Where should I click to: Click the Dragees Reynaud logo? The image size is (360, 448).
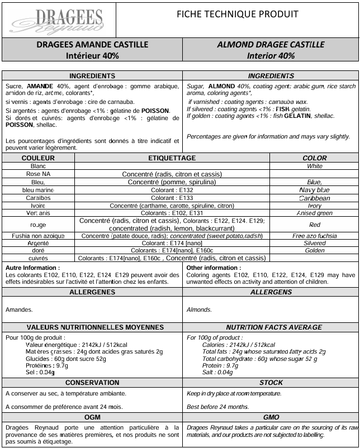(x=58, y=20)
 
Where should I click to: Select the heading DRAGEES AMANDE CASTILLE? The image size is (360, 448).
(x=92, y=44)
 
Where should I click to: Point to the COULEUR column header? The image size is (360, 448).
(x=38, y=158)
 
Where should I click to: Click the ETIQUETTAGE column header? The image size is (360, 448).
(x=172, y=158)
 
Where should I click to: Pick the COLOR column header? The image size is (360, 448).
(x=314, y=158)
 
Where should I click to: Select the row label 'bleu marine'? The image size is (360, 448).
(x=38, y=190)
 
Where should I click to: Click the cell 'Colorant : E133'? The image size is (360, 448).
(x=172, y=198)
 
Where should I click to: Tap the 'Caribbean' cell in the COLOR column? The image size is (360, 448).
(x=314, y=198)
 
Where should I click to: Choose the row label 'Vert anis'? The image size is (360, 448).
(x=38, y=213)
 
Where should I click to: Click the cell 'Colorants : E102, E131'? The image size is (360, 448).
(x=172, y=213)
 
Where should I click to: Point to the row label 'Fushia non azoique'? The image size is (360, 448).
(x=38, y=236)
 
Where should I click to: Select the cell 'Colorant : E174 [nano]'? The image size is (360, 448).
(x=172, y=243)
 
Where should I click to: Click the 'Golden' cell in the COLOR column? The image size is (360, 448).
(x=314, y=251)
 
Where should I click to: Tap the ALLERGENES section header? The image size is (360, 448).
(x=92, y=292)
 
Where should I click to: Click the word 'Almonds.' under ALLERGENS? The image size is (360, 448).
(x=198, y=309)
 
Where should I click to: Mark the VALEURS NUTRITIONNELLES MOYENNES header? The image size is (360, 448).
(x=92, y=327)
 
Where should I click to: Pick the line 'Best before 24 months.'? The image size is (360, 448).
(x=217, y=406)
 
